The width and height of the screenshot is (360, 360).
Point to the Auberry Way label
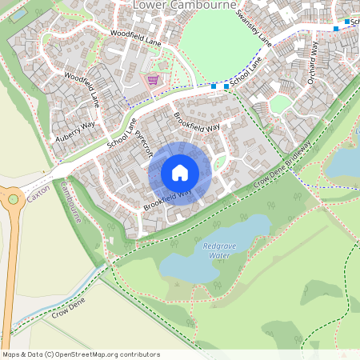coord(74,132)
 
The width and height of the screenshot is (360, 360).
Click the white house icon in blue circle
coord(180,173)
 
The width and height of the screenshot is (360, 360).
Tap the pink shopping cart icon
coord(151,80)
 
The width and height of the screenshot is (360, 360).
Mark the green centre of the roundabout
coord(11,199)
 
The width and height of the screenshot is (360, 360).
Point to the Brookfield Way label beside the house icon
coord(168,200)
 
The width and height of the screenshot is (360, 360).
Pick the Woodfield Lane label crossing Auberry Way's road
coord(82,89)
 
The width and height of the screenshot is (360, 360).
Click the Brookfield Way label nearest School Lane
coord(196,122)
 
